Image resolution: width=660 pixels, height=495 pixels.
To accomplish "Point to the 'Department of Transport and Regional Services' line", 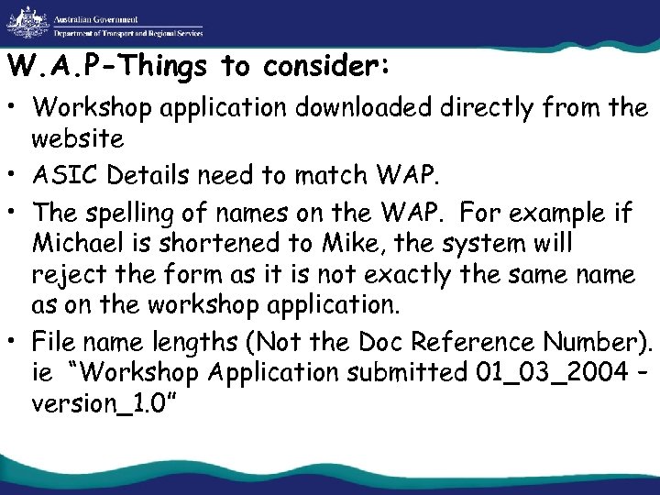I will pos(128,32).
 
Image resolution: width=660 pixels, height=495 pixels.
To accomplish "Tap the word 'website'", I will pos(77,138).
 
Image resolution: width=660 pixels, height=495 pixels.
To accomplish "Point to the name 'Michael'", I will pos(77,245).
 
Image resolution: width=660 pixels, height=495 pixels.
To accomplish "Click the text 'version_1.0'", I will pos(101,404).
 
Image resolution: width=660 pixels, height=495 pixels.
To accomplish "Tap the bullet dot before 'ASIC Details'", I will pos(17,170).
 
